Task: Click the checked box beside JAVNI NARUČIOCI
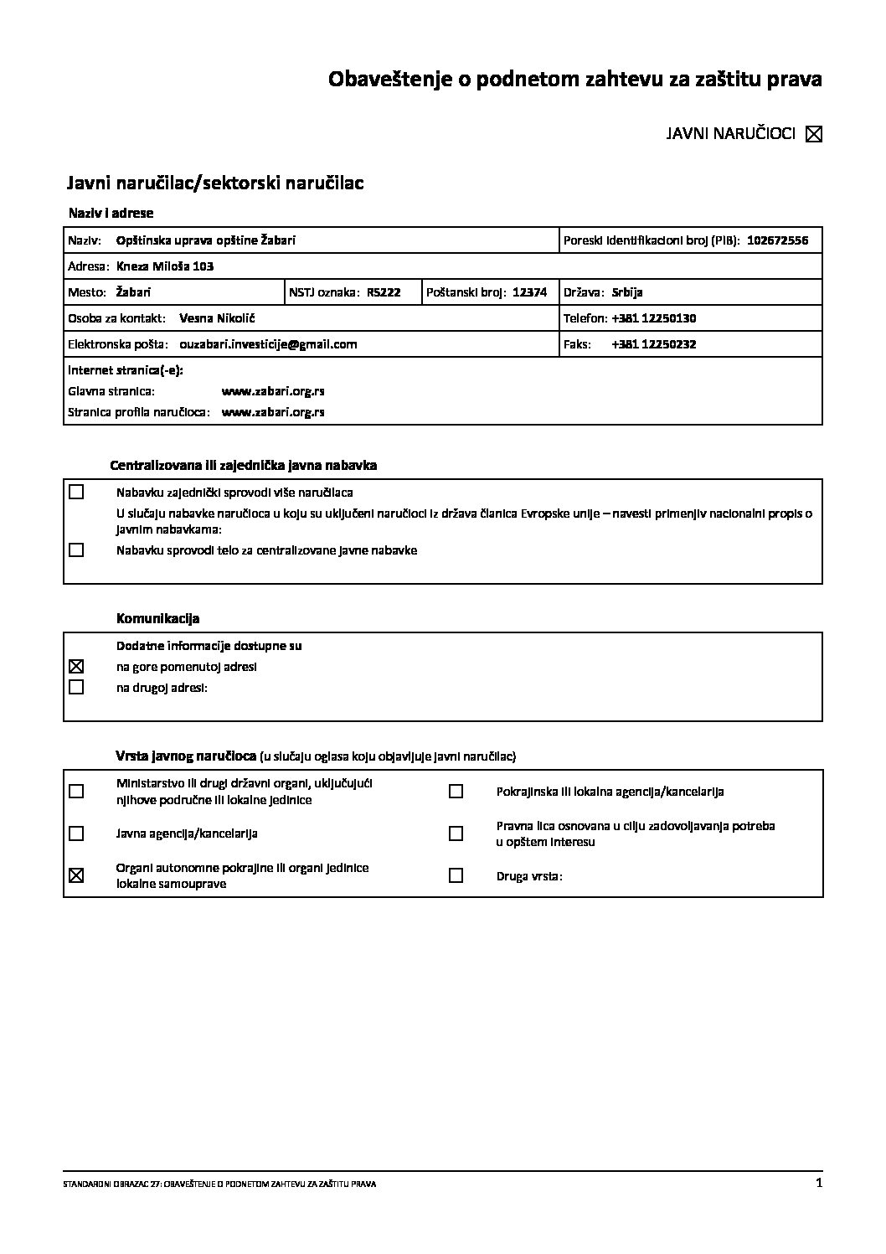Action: [813, 134]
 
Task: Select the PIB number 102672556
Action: [777, 240]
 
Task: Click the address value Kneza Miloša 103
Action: [165, 266]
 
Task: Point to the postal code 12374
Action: [529, 292]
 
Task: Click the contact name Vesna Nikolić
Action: [217, 318]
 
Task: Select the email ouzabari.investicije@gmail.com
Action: [268, 344]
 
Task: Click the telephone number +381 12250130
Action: [654, 318]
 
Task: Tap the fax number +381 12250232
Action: [654, 344]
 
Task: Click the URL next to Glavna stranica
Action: [273, 391]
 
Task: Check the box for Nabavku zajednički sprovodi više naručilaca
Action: [76, 493]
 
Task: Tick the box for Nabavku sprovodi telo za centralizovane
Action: [76, 550]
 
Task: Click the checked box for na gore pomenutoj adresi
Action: [76, 667]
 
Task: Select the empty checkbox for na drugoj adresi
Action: [76, 688]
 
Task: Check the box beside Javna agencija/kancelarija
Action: [76, 833]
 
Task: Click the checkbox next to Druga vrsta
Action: [456, 876]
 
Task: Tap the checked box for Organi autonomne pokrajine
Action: [76, 876]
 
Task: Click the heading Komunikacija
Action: [157, 619]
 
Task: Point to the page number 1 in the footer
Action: [818, 1183]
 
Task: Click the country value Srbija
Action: [627, 292]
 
